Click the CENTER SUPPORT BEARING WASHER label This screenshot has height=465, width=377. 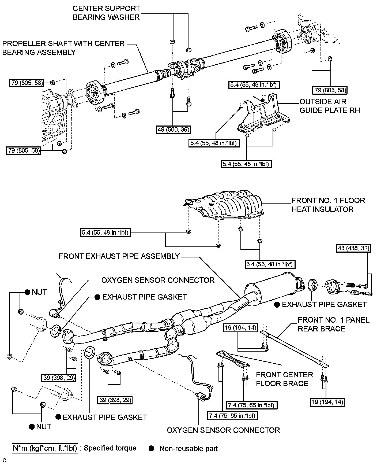point(106,13)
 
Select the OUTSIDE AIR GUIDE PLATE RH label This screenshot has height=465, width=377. point(330,106)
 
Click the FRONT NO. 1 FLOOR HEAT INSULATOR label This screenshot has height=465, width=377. point(328,205)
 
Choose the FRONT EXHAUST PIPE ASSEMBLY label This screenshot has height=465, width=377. point(119,256)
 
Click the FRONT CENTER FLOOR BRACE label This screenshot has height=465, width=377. point(284,379)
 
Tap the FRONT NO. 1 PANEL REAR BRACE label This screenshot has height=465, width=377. point(333,324)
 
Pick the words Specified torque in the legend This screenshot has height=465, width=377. point(110,448)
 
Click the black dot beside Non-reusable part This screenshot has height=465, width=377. point(152,448)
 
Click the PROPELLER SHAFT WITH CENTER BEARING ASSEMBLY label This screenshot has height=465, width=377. point(63,48)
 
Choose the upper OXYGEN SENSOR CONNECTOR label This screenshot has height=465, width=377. point(158,280)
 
